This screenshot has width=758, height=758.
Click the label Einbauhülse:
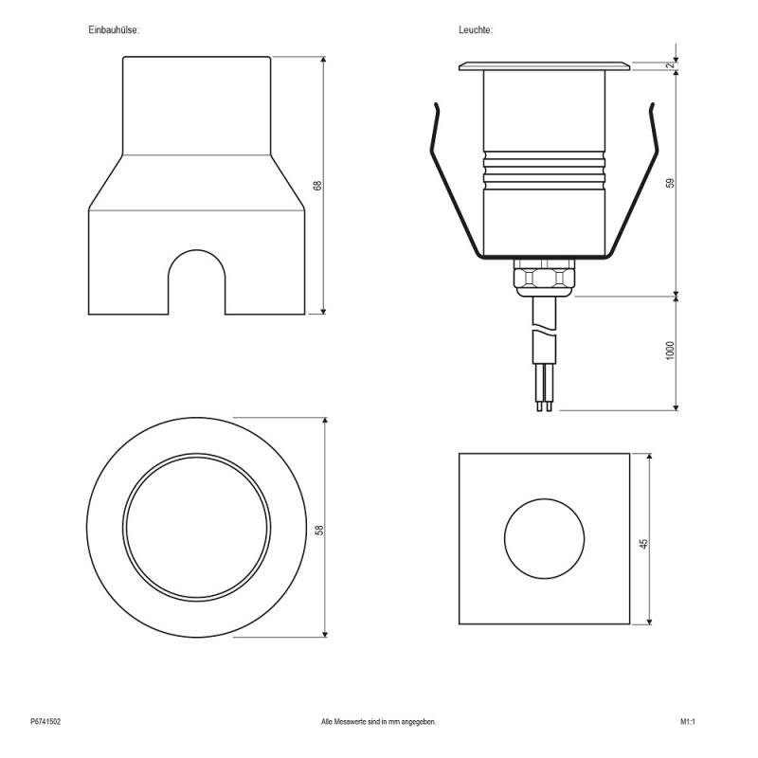point(115,30)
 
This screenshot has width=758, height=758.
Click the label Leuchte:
point(475,30)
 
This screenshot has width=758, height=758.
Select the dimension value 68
point(318,186)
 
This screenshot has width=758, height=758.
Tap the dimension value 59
point(670,182)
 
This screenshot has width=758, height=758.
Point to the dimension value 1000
point(670,351)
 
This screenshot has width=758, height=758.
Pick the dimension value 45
point(644,544)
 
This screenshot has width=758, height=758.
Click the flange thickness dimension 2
point(670,65)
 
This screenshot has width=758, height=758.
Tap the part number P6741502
point(45,722)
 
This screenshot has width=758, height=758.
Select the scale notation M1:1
point(688,722)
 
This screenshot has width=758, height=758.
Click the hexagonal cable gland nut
point(544,279)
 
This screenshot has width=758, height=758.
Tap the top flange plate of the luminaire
point(544,66)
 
